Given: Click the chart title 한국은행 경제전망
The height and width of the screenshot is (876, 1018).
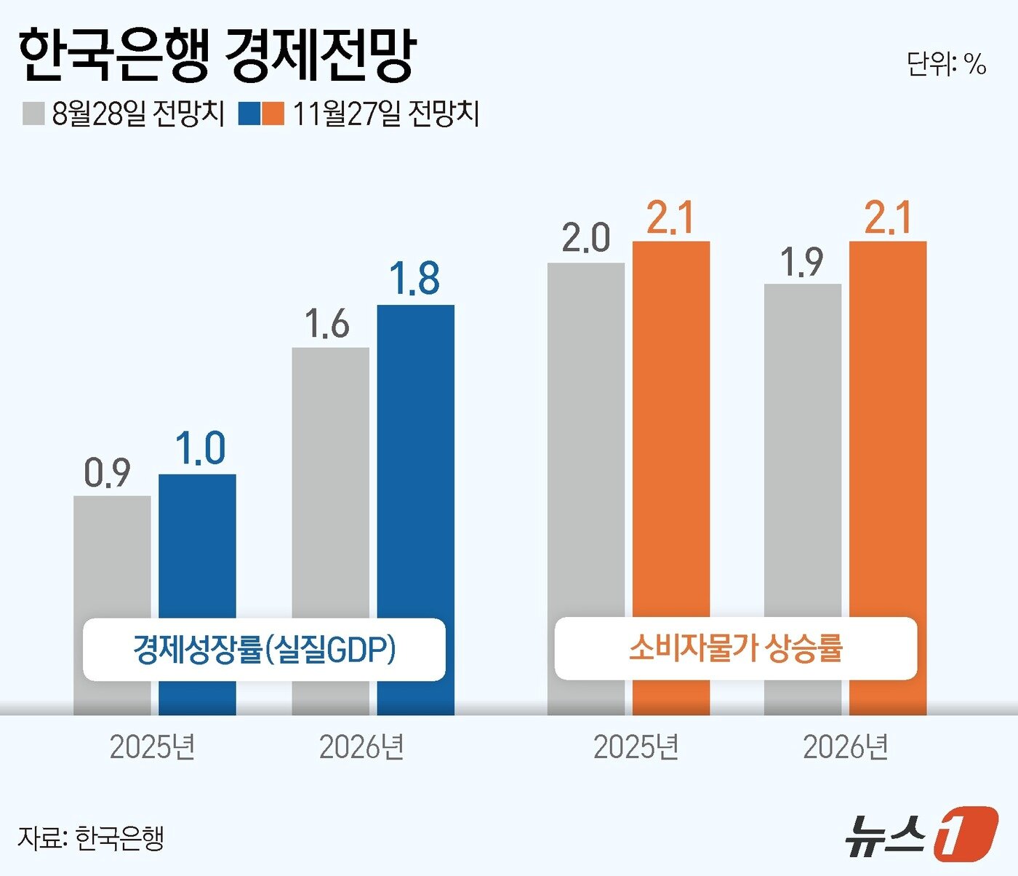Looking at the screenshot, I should click(216, 56).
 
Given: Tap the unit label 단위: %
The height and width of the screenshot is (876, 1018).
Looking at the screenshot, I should click(946, 64).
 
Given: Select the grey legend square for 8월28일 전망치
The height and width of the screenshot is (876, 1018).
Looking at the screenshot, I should click(33, 114).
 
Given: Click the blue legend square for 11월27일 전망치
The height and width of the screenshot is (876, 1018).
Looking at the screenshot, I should click(249, 114).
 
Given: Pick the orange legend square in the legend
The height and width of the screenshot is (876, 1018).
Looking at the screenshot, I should click(273, 114).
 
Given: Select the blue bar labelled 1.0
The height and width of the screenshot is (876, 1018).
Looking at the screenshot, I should click(197, 546).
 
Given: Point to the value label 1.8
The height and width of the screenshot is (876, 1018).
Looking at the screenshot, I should click(414, 278).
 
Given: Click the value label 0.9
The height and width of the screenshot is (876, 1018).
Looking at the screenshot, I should click(107, 473).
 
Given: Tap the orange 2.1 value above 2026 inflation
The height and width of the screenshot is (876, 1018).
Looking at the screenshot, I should click(887, 218).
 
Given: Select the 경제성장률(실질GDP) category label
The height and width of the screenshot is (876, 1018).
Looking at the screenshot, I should click(264, 649).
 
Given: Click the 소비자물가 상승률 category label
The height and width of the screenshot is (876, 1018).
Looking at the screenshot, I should click(735, 648).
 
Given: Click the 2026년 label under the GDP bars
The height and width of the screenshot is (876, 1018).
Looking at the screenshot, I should click(361, 747).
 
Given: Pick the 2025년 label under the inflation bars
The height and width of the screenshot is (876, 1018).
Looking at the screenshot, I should click(636, 747).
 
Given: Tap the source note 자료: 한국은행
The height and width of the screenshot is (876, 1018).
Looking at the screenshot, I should click(91, 837).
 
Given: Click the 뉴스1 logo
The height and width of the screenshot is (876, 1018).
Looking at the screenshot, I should click(921, 832).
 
